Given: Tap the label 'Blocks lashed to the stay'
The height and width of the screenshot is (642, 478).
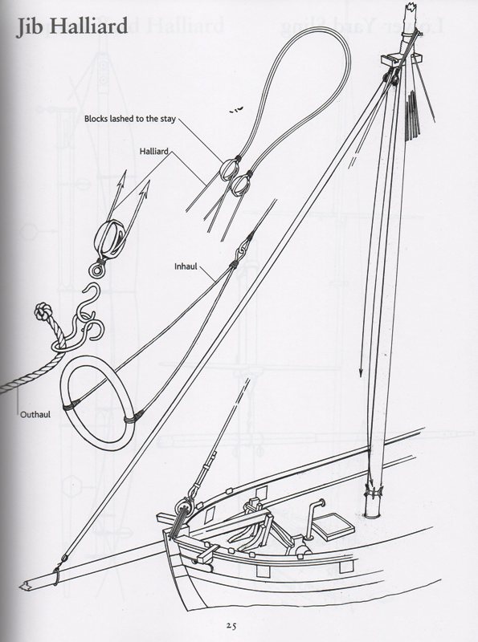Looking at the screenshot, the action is tap(130, 119).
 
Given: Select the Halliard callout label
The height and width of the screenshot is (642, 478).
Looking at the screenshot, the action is tap(153, 151).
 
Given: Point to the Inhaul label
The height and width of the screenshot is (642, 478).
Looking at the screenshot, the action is tap(186, 266).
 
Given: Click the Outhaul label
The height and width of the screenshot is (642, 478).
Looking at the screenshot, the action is tap(35, 414).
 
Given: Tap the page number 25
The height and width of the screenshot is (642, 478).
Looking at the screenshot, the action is tap(231, 626).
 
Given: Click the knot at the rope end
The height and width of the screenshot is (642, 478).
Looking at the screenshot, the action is tap(43, 311).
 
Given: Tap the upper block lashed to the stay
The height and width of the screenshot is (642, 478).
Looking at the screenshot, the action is tap(227, 169).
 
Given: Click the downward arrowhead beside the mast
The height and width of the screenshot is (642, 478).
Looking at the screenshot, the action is tap(361, 372).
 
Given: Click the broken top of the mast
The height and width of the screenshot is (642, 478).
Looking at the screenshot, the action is tap(410, 9).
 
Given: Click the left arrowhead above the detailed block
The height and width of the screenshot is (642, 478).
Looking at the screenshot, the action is tap(122, 179).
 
